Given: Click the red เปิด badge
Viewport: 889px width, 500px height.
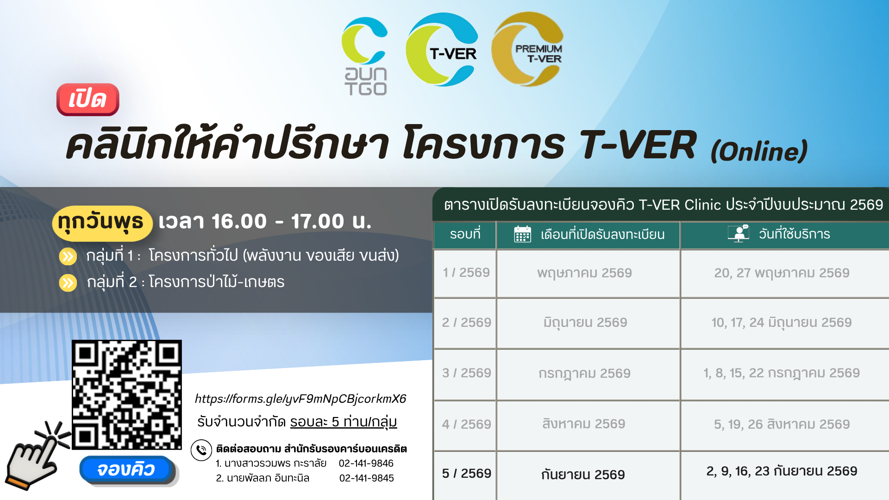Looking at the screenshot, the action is [x=88, y=99].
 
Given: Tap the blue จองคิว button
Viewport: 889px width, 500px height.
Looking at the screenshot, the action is [x=126, y=469].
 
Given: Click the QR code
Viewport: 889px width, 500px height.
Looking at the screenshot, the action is [x=127, y=395].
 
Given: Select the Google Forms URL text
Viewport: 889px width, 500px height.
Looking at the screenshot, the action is [x=301, y=399].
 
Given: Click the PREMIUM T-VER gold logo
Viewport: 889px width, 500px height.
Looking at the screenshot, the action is [x=527, y=49].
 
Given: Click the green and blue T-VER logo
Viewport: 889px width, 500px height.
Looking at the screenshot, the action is [x=442, y=49].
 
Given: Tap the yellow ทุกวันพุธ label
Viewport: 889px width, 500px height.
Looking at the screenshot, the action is [x=102, y=223].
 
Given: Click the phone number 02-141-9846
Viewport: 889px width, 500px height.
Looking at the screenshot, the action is [x=366, y=463].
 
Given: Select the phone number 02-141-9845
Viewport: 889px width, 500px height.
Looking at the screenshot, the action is [x=366, y=478].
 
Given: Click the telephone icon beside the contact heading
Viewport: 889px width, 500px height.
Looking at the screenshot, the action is [x=201, y=450].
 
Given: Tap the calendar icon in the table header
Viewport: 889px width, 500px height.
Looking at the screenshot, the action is [x=522, y=234].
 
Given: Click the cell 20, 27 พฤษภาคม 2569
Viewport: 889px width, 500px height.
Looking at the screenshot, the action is [x=782, y=273].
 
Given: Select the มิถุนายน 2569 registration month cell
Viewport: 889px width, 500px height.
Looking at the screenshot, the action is [x=585, y=323].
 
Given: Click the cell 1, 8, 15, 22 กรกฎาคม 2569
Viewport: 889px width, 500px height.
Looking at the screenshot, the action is [x=782, y=373].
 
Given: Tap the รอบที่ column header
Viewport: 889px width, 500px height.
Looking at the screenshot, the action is [x=465, y=234].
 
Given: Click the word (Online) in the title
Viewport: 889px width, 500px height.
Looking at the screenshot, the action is [x=759, y=151].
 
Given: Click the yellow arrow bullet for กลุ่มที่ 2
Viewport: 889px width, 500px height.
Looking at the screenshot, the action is [x=68, y=282].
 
